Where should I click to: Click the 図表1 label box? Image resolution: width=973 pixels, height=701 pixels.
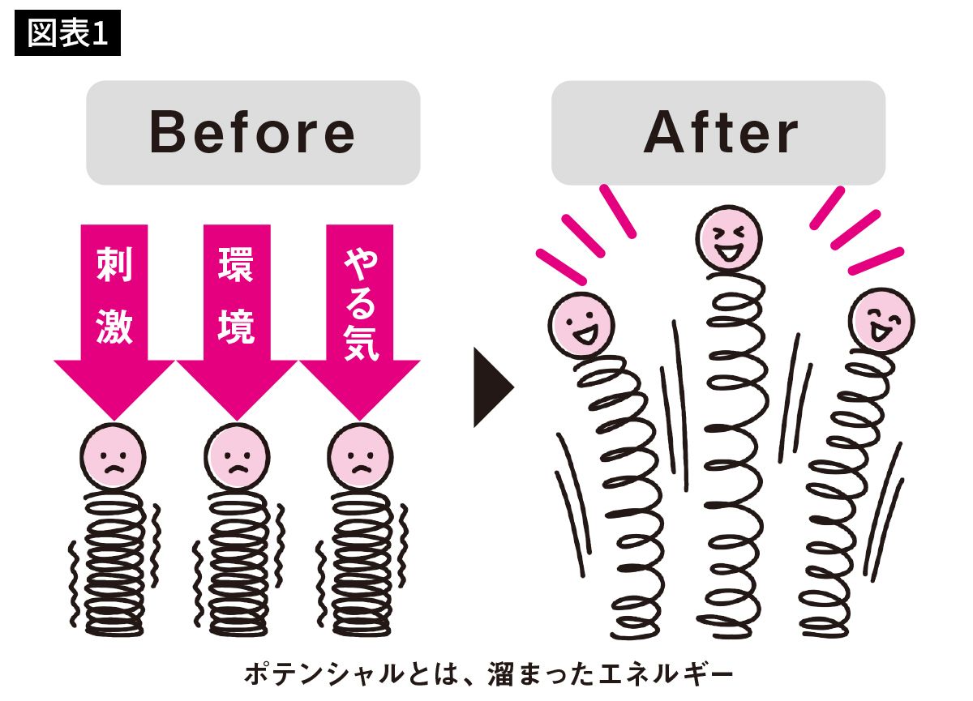point(68,33)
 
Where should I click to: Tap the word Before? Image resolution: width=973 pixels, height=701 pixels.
point(252,132)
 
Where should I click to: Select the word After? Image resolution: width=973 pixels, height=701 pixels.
point(721,132)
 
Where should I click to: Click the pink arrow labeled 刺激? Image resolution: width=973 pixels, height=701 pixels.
point(114,322)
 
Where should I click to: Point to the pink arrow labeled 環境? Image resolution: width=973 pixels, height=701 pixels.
point(237,322)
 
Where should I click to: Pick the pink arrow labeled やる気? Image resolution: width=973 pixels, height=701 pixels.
point(360,322)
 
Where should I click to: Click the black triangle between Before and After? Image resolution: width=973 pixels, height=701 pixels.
point(494,387)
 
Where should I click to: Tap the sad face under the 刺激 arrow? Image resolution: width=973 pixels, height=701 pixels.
point(113,456)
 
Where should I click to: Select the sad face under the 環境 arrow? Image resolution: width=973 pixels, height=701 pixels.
point(237,456)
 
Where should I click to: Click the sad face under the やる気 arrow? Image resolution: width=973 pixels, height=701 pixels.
point(360,456)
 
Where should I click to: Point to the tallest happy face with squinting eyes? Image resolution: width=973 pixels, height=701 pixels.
point(729,238)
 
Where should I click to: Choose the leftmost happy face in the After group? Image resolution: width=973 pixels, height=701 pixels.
point(581,325)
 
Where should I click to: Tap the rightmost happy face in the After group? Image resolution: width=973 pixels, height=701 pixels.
point(882,321)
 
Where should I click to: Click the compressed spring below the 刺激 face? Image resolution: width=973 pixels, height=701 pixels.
point(114,563)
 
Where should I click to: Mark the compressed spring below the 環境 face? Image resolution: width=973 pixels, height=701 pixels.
point(238,563)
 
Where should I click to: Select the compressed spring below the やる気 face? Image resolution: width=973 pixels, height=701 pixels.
point(361,563)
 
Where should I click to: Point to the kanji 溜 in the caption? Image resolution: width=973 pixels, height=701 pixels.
point(501,674)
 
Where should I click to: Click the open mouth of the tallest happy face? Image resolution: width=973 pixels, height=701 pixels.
point(729,252)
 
